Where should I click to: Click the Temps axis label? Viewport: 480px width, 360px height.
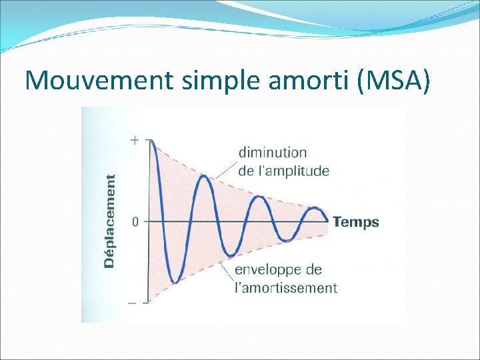pos(355,222)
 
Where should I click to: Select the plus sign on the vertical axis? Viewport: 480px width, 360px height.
pos(135,140)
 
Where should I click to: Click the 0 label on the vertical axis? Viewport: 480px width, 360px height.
pos(135,222)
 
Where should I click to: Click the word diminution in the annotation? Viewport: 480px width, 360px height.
pos(273,153)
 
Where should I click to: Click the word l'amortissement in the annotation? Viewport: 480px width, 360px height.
pos(285,288)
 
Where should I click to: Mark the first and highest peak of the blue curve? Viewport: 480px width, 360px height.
pos(152,141)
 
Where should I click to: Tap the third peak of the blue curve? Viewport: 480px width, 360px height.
pos(259,197)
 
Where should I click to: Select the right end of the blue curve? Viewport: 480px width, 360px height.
pos(328,221)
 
